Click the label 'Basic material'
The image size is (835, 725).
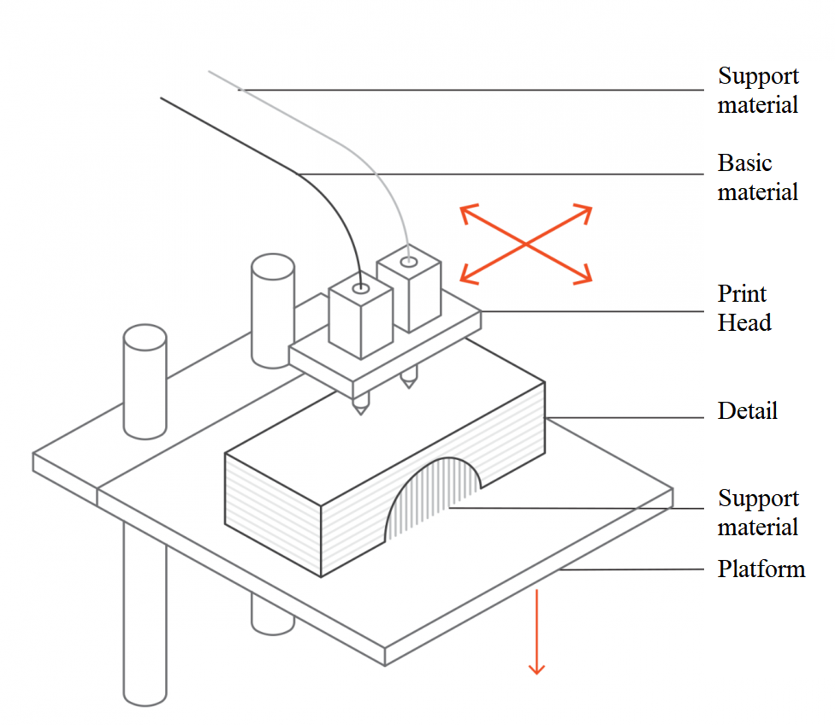pyautogui.click(x=757, y=177)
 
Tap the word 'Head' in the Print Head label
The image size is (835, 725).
pyautogui.click(x=744, y=322)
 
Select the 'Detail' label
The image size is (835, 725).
pyautogui.click(x=747, y=411)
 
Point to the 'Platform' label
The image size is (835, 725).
pyautogui.click(x=761, y=569)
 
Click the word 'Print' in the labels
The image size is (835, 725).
pyautogui.click(x=741, y=293)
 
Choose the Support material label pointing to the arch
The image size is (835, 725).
pyautogui.click(x=758, y=513)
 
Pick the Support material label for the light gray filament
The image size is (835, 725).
pyautogui.click(x=758, y=90)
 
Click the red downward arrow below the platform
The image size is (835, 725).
pyautogui.click(x=536, y=632)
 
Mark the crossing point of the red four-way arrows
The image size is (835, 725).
pyautogui.click(x=526, y=244)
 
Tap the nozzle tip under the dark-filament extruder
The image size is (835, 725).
pyautogui.click(x=360, y=413)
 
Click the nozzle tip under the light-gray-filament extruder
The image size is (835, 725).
pyautogui.click(x=408, y=386)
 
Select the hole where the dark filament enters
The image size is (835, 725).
pyautogui.click(x=361, y=289)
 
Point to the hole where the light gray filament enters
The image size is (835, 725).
pyautogui.click(x=409, y=262)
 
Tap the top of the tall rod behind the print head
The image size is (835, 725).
pyautogui.click(x=273, y=267)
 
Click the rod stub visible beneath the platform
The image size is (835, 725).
pyautogui.click(x=273, y=616)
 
